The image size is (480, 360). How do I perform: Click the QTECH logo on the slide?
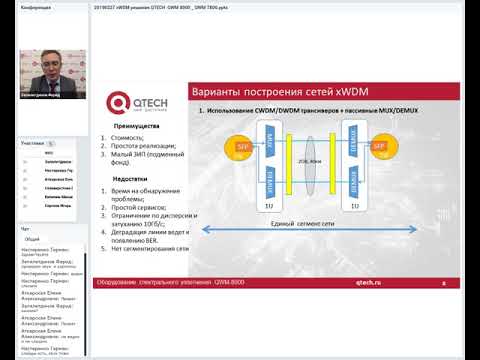click(x=134, y=100)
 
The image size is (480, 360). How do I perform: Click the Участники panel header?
click(x=32, y=143)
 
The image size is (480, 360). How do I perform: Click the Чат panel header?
click(x=27, y=229)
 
